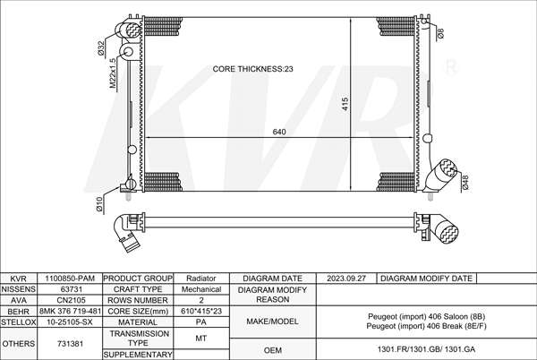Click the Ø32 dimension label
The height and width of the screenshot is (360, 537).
click(100, 48)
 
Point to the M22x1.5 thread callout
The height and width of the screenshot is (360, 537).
click(113, 73)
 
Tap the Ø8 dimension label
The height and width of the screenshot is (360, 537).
click(441, 33)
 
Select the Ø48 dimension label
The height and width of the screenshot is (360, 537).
click(465, 182)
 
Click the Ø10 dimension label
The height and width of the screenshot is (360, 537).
click(99, 204)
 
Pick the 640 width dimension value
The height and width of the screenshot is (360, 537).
click(279, 132)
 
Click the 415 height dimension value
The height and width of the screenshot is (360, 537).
click(345, 104)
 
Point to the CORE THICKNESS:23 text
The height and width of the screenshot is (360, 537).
click(252, 69)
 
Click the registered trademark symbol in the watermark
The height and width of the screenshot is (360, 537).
click(451, 67)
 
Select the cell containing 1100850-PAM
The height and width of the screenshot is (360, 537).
click(70, 279)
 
